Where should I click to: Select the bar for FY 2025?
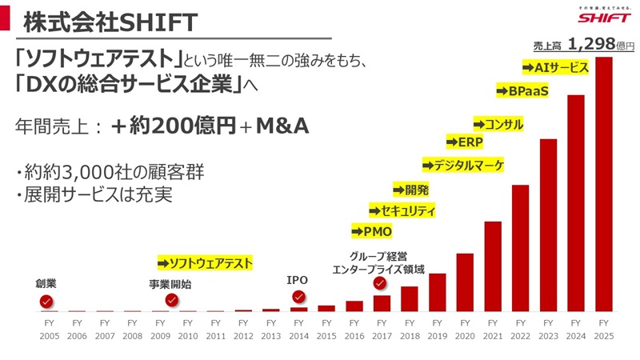[x=604, y=184]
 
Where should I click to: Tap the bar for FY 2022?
[x=521, y=248]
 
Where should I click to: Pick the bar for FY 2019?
[x=437, y=292]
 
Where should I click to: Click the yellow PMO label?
[x=372, y=232]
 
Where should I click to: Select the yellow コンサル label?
[x=498, y=124]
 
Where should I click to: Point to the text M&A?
[x=282, y=126]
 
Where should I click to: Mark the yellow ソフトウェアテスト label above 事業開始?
[x=206, y=262]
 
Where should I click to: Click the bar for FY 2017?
[x=382, y=303]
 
